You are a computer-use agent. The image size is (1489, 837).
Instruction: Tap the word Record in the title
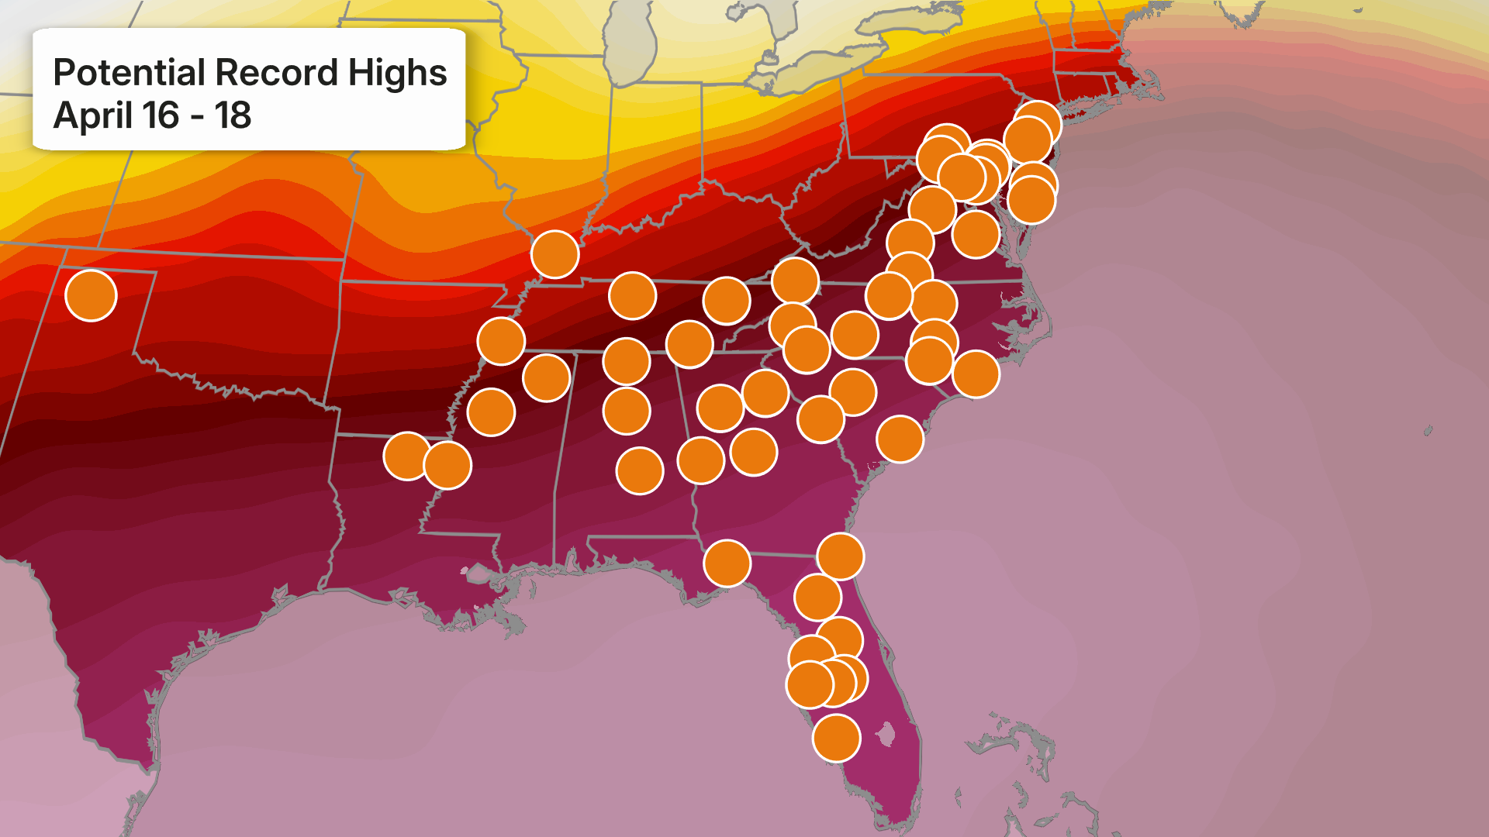(x=277, y=73)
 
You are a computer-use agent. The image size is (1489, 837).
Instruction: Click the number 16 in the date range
(x=161, y=115)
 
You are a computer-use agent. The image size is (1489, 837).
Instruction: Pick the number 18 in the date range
(x=233, y=115)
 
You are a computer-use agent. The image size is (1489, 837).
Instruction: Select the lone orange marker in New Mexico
(x=91, y=295)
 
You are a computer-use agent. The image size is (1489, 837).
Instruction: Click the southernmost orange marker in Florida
(x=836, y=738)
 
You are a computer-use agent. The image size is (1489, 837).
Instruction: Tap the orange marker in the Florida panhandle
(x=727, y=563)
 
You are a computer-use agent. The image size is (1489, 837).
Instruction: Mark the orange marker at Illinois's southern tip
(x=554, y=254)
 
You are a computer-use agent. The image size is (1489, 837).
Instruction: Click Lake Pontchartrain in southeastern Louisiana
(x=477, y=573)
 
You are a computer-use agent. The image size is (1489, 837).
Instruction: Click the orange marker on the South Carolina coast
(x=900, y=439)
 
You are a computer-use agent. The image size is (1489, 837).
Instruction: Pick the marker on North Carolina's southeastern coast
(x=976, y=374)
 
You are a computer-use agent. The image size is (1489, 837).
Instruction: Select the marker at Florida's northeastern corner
(x=840, y=556)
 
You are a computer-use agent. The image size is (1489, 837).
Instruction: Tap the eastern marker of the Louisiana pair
(x=447, y=465)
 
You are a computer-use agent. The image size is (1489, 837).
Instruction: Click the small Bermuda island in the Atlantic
(x=1428, y=430)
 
